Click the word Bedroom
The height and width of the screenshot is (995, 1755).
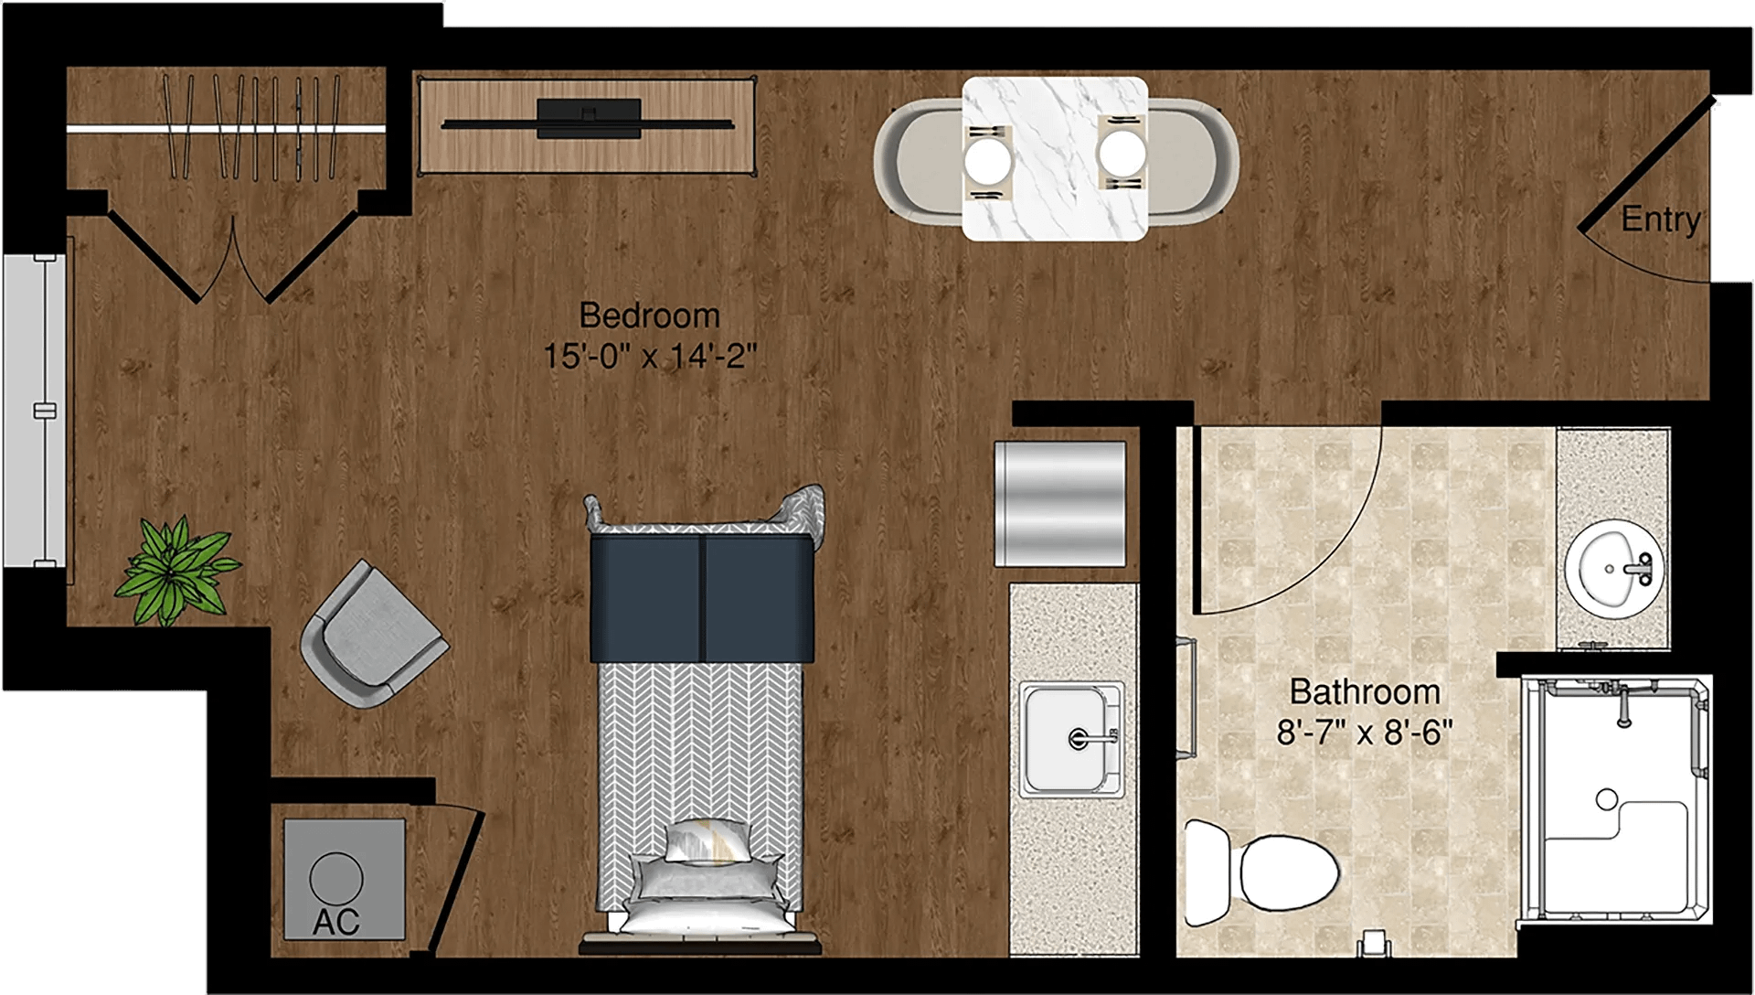click(x=650, y=316)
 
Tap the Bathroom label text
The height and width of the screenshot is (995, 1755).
click(x=1365, y=691)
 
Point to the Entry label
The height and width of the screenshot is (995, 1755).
click(x=1661, y=219)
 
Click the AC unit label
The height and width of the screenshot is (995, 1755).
click(x=336, y=922)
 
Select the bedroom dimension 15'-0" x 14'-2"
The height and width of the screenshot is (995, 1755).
click(x=650, y=356)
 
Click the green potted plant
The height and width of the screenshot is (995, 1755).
click(x=175, y=571)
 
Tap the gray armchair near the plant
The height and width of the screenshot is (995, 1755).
click(x=373, y=634)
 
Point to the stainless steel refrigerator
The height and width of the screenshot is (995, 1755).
click(x=1060, y=504)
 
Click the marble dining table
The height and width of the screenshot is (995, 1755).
click(x=1055, y=158)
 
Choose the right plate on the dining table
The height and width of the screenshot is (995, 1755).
click(x=1122, y=153)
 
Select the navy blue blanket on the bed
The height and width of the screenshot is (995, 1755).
click(x=701, y=598)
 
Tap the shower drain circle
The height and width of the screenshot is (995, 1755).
click(x=1607, y=799)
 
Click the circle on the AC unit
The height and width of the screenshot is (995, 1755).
click(x=336, y=878)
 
